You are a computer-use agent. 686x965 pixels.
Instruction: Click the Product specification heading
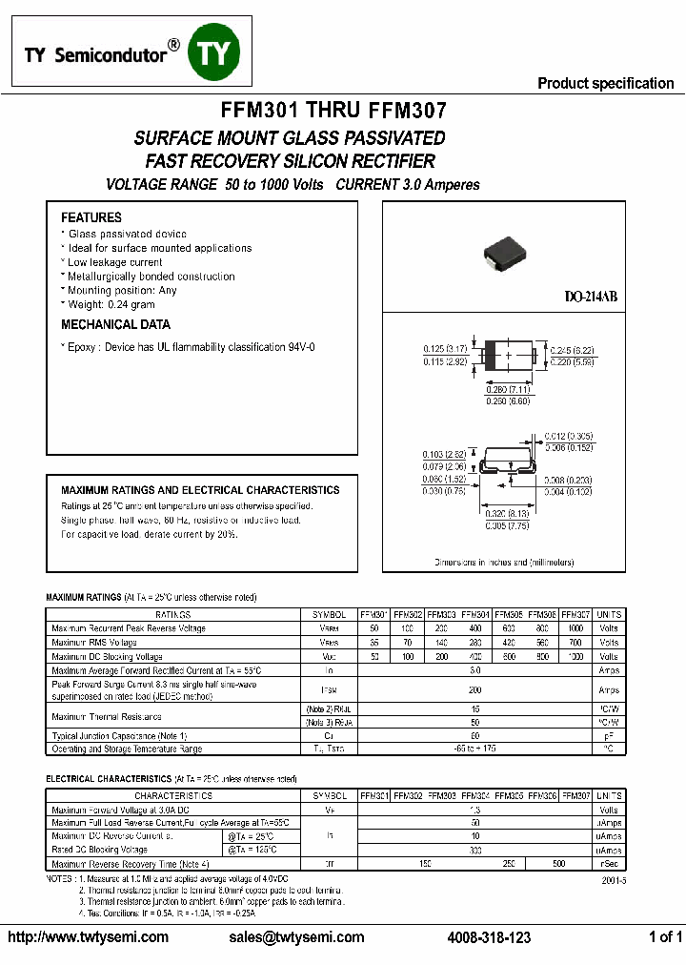pos(605,83)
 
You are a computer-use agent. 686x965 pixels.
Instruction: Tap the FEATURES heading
pos(91,217)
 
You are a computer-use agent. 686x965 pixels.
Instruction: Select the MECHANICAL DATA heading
pos(115,325)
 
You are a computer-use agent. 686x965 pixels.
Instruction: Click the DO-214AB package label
pos(591,298)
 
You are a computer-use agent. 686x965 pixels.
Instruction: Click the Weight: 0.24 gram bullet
pos(111,304)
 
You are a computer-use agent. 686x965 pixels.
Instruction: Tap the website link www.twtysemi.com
pos(88,937)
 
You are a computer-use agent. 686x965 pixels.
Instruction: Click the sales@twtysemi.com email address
pos(296,937)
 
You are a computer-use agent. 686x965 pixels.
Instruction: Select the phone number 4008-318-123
pos(489,937)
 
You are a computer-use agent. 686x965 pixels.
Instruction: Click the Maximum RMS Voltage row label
pos(94,643)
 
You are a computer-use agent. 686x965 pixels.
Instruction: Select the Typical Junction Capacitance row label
pos(119,736)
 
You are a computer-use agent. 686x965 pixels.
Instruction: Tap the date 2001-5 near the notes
pos(614,882)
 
